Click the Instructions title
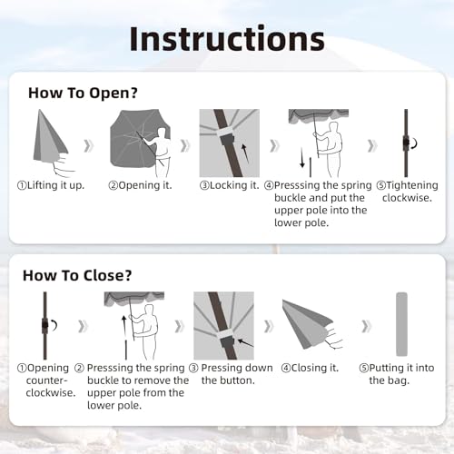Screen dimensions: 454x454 click(227, 39)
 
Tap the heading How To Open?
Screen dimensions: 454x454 click(83, 93)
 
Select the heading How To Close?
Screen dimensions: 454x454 click(77, 275)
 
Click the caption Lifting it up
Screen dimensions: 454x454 click(51, 185)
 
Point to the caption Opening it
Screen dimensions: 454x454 click(140, 185)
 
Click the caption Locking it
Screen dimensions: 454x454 click(230, 185)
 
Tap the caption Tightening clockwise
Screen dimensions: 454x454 click(407, 192)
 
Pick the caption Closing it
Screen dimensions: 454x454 click(310, 368)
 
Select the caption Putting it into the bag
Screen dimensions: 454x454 click(397, 374)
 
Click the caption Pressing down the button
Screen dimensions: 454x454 click(231, 374)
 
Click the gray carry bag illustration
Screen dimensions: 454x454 click(401, 324)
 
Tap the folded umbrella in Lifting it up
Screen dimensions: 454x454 click(50, 136)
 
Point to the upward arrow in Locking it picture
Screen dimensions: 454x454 click(245, 153)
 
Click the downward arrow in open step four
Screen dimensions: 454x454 click(302, 158)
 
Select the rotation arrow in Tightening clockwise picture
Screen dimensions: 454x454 click(414, 143)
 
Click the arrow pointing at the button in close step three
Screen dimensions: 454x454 click(245, 343)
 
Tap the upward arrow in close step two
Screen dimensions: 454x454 click(123, 327)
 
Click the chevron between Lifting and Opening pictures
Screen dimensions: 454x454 click(88, 146)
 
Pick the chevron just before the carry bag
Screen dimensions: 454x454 click(366, 326)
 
